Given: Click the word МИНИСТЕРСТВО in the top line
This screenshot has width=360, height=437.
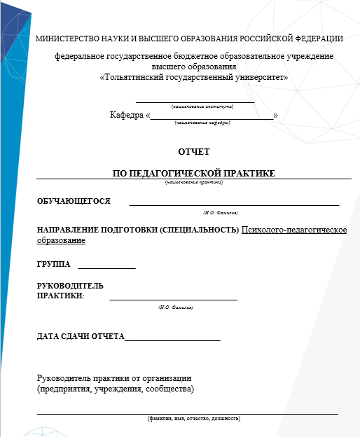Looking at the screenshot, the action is [x=66, y=39].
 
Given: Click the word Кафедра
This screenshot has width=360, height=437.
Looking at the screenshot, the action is [x=125, y=115].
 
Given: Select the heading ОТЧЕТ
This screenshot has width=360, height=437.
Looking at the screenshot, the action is [x=194, y=151].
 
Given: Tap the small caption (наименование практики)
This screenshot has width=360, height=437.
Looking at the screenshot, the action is [x=194, y=182].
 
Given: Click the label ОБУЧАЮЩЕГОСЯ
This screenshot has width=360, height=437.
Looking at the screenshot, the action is [x=74, y=201].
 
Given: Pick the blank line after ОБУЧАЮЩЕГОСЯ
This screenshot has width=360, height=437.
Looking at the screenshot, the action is [x=234, y=204].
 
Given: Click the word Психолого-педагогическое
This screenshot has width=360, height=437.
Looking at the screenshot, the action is [x=294, y=230].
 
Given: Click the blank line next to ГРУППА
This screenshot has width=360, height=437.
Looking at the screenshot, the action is [x=106, y=268].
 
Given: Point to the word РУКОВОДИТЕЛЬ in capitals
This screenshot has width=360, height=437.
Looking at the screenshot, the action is [x=70, y=286].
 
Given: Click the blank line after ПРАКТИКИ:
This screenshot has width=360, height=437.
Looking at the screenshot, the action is [x=173, y=299].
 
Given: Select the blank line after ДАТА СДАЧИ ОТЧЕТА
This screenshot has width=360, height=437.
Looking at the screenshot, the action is [x=172, y=340].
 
